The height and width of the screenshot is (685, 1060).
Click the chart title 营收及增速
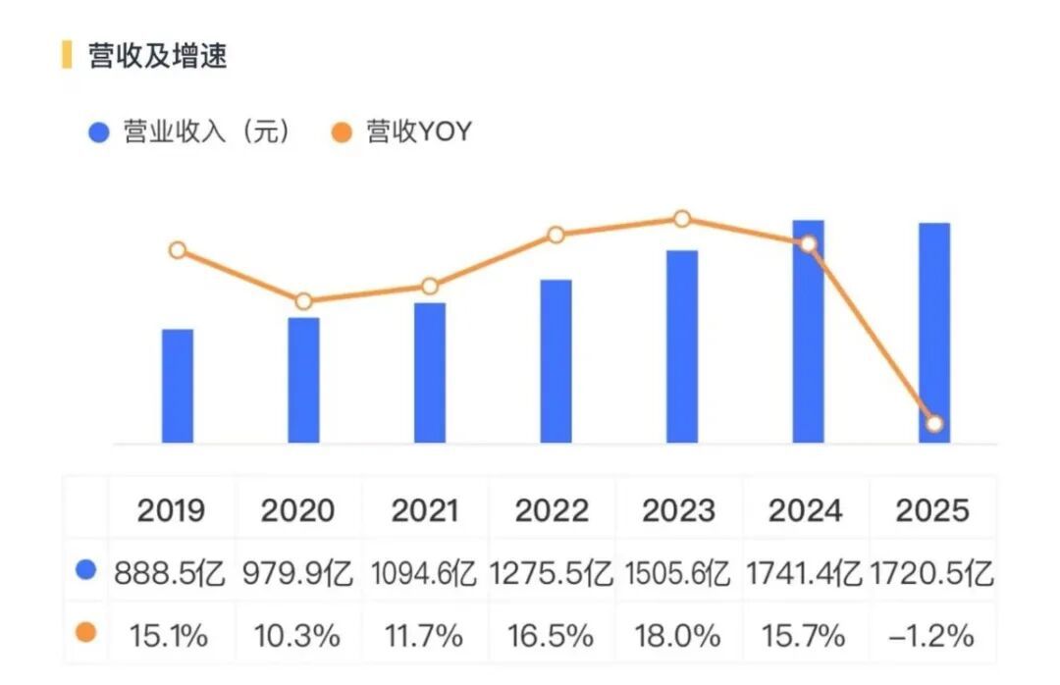tap(157, 56)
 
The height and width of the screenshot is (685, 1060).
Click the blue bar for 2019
tap(178, 386)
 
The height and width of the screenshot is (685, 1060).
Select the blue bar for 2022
tap(556, 361)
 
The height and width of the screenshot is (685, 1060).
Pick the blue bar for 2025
tap(934, 333)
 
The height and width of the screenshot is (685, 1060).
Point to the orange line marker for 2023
tap(682, 219)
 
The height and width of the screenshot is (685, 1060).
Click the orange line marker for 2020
tap(303, 301)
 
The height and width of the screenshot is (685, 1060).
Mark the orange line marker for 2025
tap(934, 424)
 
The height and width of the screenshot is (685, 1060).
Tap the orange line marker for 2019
tap(178, 250)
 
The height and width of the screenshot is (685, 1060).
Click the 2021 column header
tap(425, 510)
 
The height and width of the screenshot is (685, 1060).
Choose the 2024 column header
tap(805, 510)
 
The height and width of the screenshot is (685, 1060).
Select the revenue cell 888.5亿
tap(169, 573)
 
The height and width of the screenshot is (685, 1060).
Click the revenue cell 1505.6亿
tap(677, 573)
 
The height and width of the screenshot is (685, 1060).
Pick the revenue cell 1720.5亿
tap(931, 573)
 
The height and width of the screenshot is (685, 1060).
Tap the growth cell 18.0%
tap(677, 636)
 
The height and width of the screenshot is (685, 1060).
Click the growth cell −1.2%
tap(931, 636)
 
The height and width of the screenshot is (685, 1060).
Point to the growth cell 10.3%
tap(297, 636)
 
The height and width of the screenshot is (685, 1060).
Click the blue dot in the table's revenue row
tap(85, 569)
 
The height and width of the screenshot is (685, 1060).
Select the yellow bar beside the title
tap(67, 55)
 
